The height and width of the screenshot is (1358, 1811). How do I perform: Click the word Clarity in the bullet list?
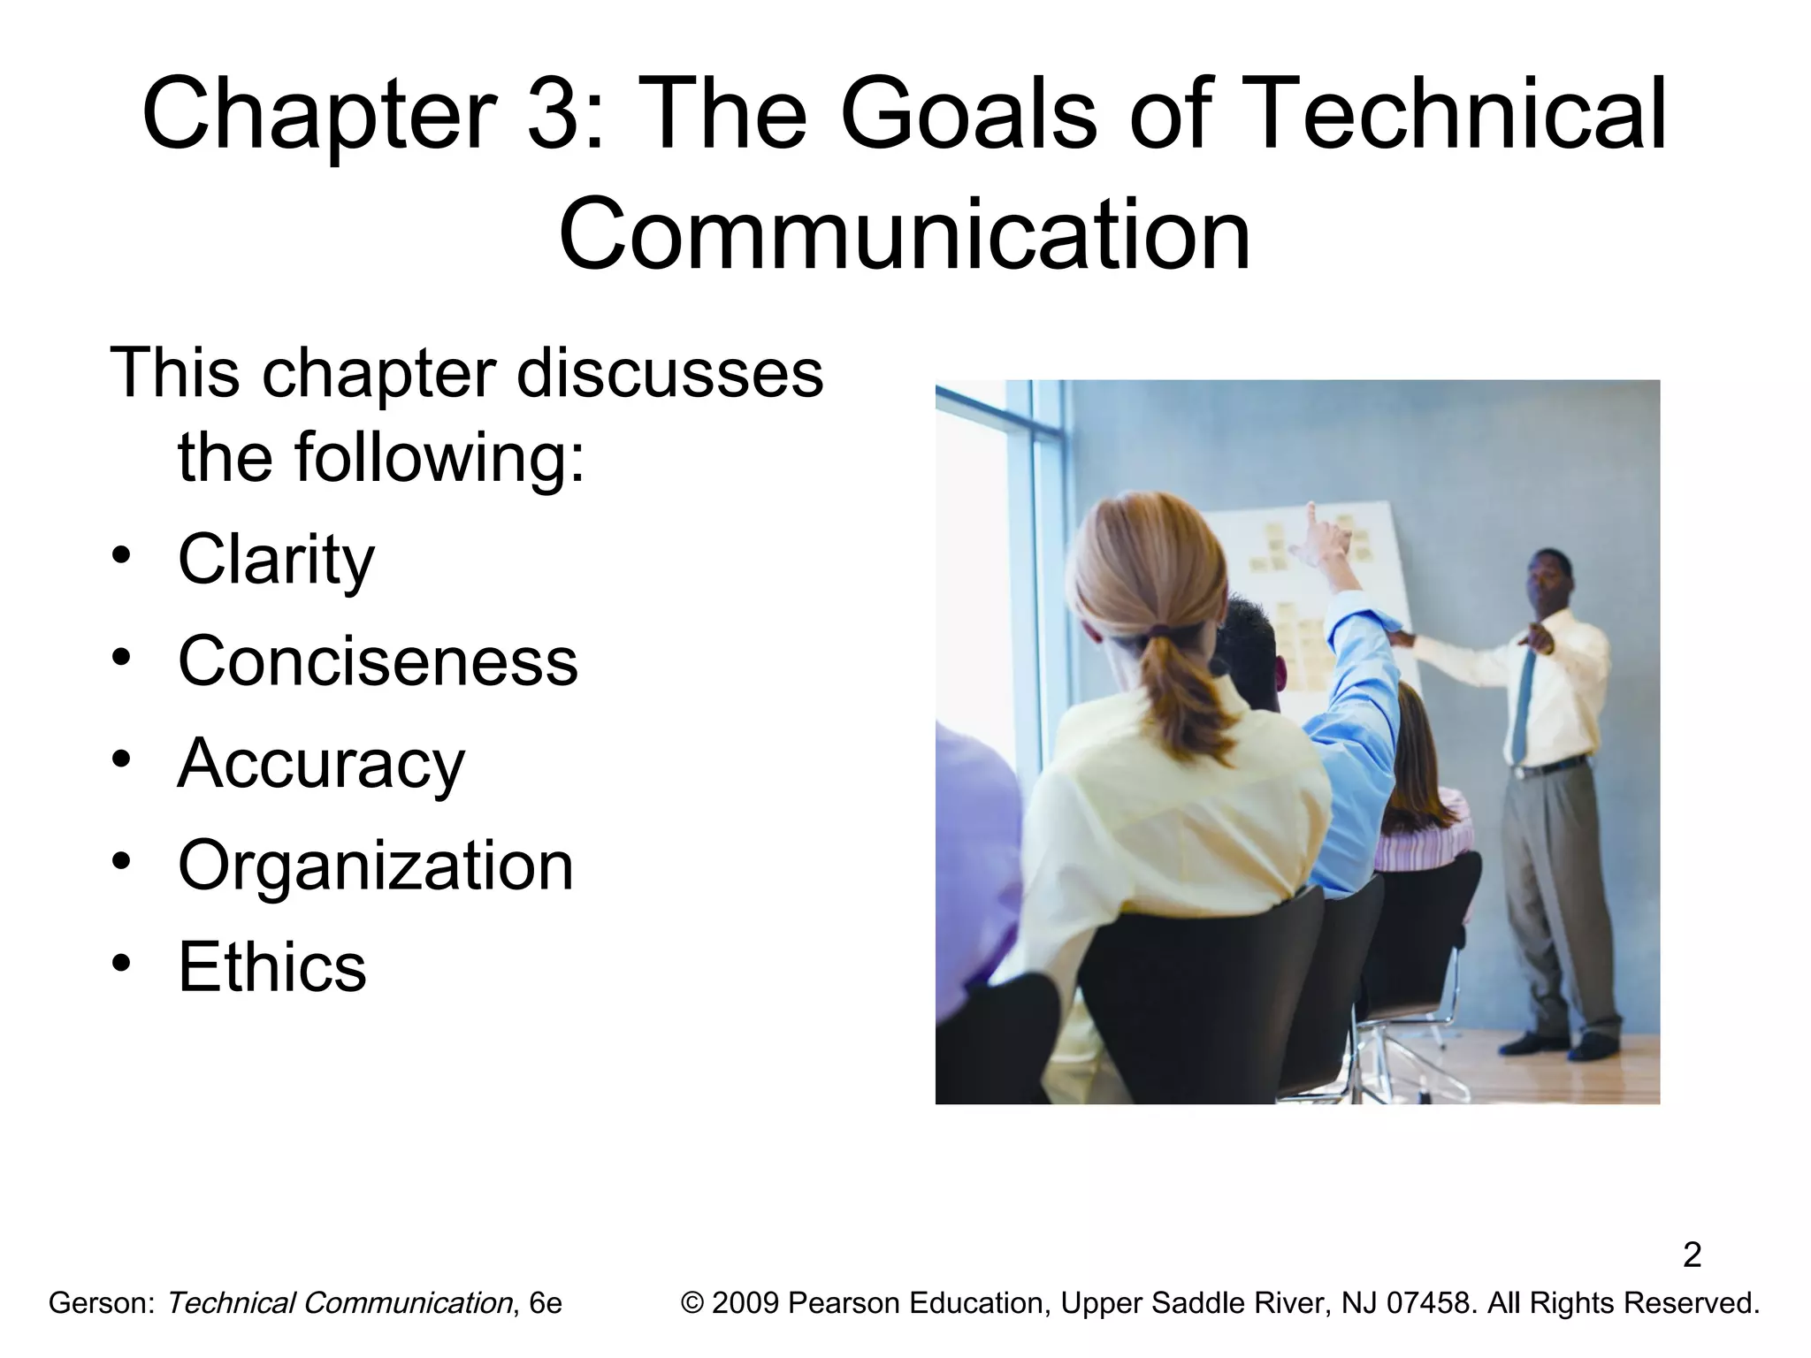tap(276, 561)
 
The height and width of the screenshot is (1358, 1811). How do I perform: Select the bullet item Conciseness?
tap(378, 661)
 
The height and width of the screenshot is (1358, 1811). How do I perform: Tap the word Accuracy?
tap(320, 764)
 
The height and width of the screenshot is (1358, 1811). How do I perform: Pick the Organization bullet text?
tap(376, 866)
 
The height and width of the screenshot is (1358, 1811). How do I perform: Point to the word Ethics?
tap(271, 967)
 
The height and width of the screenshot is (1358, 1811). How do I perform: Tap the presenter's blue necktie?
tap(1523, 707)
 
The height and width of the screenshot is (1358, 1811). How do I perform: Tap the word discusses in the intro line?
tap(669, 373)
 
